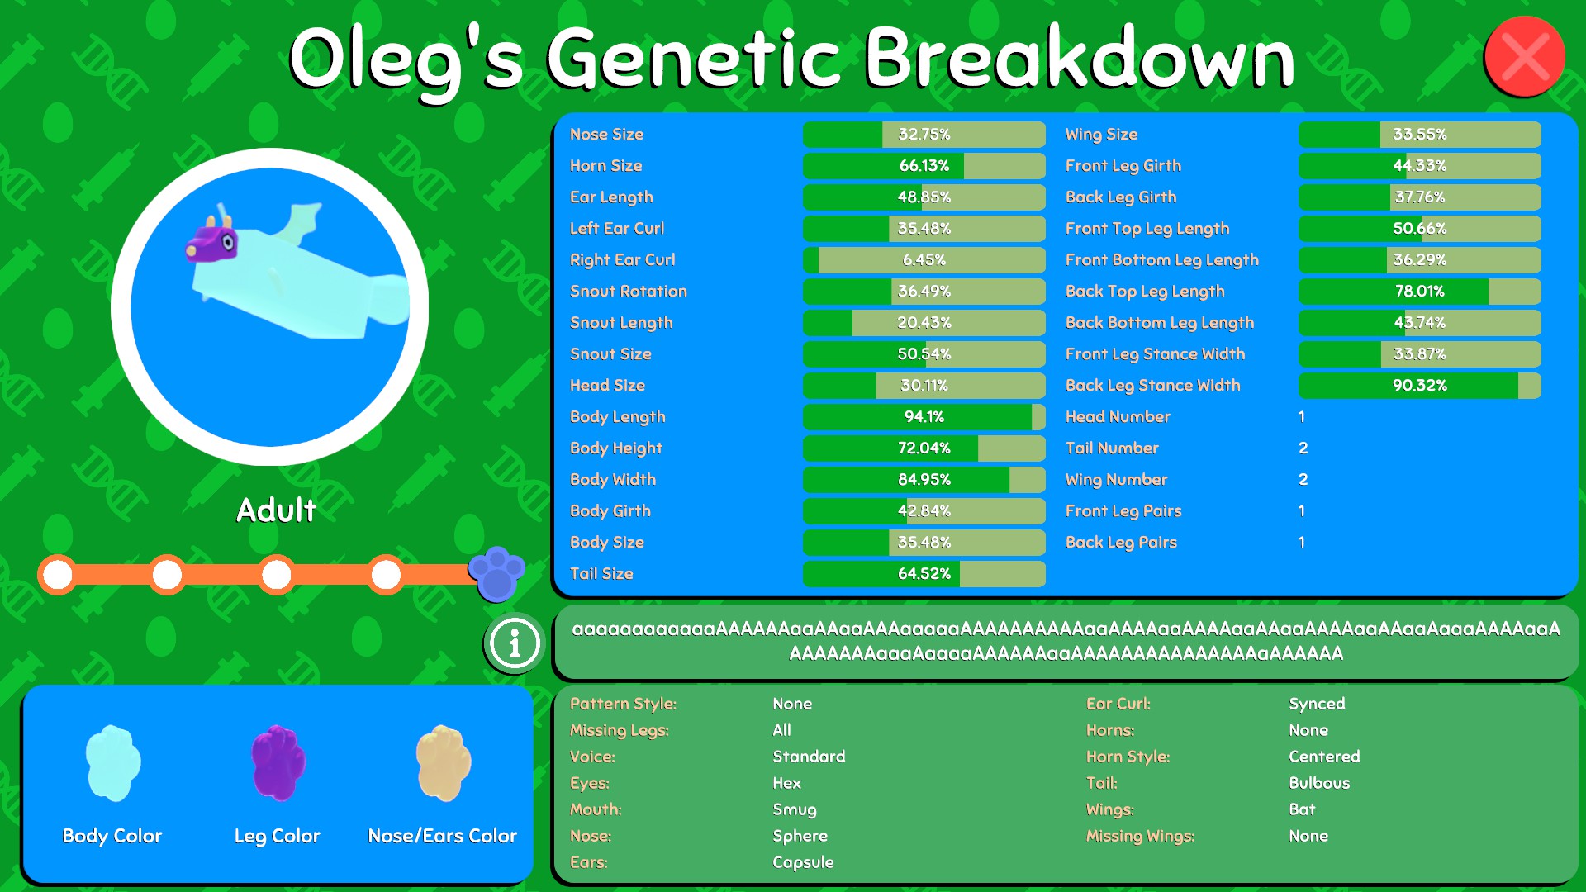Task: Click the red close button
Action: (x=1524, y=56)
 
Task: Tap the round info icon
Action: (x=515, y=643)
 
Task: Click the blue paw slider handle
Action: (x=496, y=573)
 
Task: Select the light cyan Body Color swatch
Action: (x=113, y=763)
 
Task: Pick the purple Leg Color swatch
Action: (x=278, y=763)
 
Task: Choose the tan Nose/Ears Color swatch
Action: (x=444, y=763)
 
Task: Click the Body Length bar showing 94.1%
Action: (x=924, y=417)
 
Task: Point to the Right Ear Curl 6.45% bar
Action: (x=924, y=260)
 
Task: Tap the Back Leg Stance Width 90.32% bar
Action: (x=1420, y=386)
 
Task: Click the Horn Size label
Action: (x=605, y=166)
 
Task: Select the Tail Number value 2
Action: (x=1303, y=448)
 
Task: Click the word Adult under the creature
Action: (x=277, y=510)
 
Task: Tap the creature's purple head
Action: (x=212, y=240)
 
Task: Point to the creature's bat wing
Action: (x=300, y=221)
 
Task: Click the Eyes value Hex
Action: (x=786, y=783)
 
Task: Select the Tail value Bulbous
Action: (x=1319, y=783)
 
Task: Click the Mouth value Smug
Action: (x=795, y=809)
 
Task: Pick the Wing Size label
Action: (x=1101, y=135)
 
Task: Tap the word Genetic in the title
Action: (x=694, y=59)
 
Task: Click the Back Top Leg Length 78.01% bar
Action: (x=1420, y=292)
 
